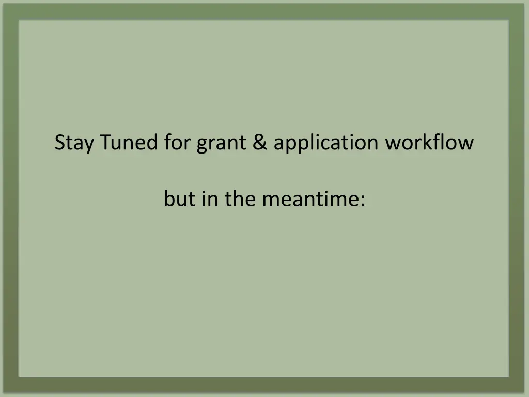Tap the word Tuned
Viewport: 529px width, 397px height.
coord(130,142)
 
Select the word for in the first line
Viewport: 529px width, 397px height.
coord(178,142)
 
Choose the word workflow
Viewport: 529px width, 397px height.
coord(429,142)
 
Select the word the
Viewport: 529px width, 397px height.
coord(241,199)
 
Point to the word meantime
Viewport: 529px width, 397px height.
coord(308,199)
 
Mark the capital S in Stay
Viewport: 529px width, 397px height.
coord(60,143)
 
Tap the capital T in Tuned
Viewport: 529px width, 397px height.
coord(106,142)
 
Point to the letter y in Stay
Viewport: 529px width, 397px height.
coord(89,145)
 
